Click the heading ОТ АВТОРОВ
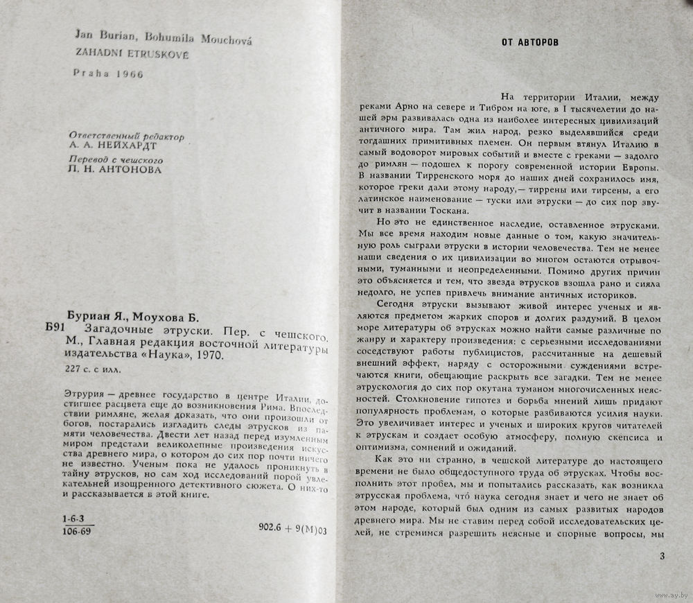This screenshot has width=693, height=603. point(530,42)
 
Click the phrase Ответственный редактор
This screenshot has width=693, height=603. point(127,137)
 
